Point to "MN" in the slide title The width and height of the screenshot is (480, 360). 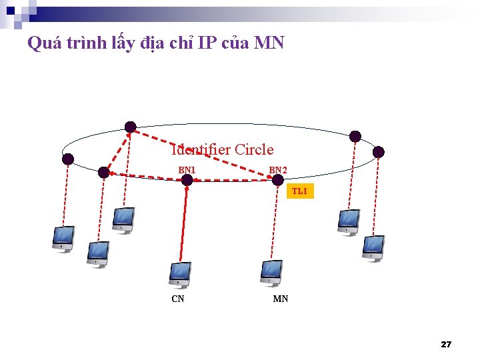[269, 44]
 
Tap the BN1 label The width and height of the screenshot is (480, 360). [187, 170]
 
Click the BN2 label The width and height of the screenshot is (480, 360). [278, 170]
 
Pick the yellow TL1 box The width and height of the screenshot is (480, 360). [299, 191]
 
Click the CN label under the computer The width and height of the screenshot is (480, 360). [178, 299]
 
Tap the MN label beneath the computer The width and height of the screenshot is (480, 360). [281, 299]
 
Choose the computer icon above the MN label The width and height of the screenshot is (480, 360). [271, 272]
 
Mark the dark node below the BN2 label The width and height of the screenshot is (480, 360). [278, 180]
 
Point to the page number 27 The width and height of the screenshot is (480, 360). [446, 345]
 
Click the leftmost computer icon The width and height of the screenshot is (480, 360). [63, 238]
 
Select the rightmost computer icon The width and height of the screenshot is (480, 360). [373, 247]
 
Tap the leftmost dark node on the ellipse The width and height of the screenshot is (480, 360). [68, 159]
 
